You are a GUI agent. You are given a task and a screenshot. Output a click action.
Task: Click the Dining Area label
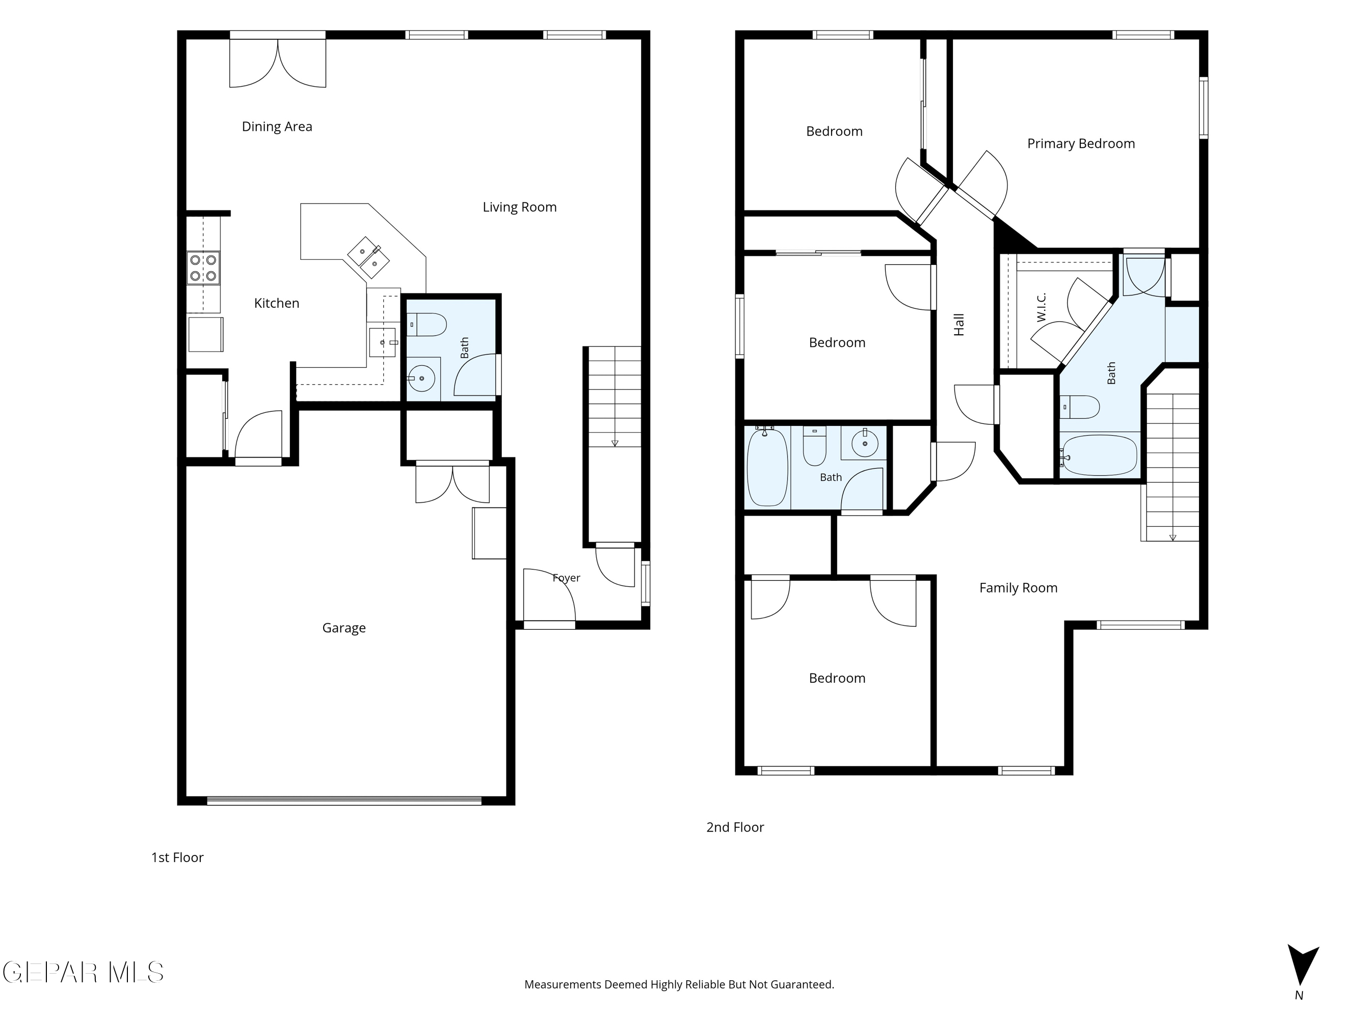coord(277,126)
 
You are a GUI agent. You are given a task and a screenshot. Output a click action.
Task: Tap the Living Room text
coord(520,207)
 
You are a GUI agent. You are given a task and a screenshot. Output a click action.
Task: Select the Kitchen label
coord(277,303)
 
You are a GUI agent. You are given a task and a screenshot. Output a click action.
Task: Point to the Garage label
coord(344,628)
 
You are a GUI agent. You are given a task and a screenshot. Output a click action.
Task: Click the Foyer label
coord(567,578)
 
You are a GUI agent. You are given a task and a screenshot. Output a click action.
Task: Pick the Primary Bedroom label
coord(1081,144)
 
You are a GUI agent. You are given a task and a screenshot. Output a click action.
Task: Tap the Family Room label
coord(1019,588)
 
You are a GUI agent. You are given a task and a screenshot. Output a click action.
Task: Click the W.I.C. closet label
coord(1042,307)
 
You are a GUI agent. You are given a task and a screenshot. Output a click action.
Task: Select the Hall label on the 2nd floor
coord(959,325)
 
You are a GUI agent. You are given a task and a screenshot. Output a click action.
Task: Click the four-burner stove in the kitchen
coord(203,268)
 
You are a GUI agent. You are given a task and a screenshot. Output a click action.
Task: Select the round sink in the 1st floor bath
coord(421,379)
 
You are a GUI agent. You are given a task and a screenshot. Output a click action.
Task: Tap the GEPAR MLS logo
coord(84,972)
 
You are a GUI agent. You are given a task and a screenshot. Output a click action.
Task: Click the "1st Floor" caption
coord(177,857)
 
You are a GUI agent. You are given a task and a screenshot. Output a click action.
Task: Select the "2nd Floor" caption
coord(735,827)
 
